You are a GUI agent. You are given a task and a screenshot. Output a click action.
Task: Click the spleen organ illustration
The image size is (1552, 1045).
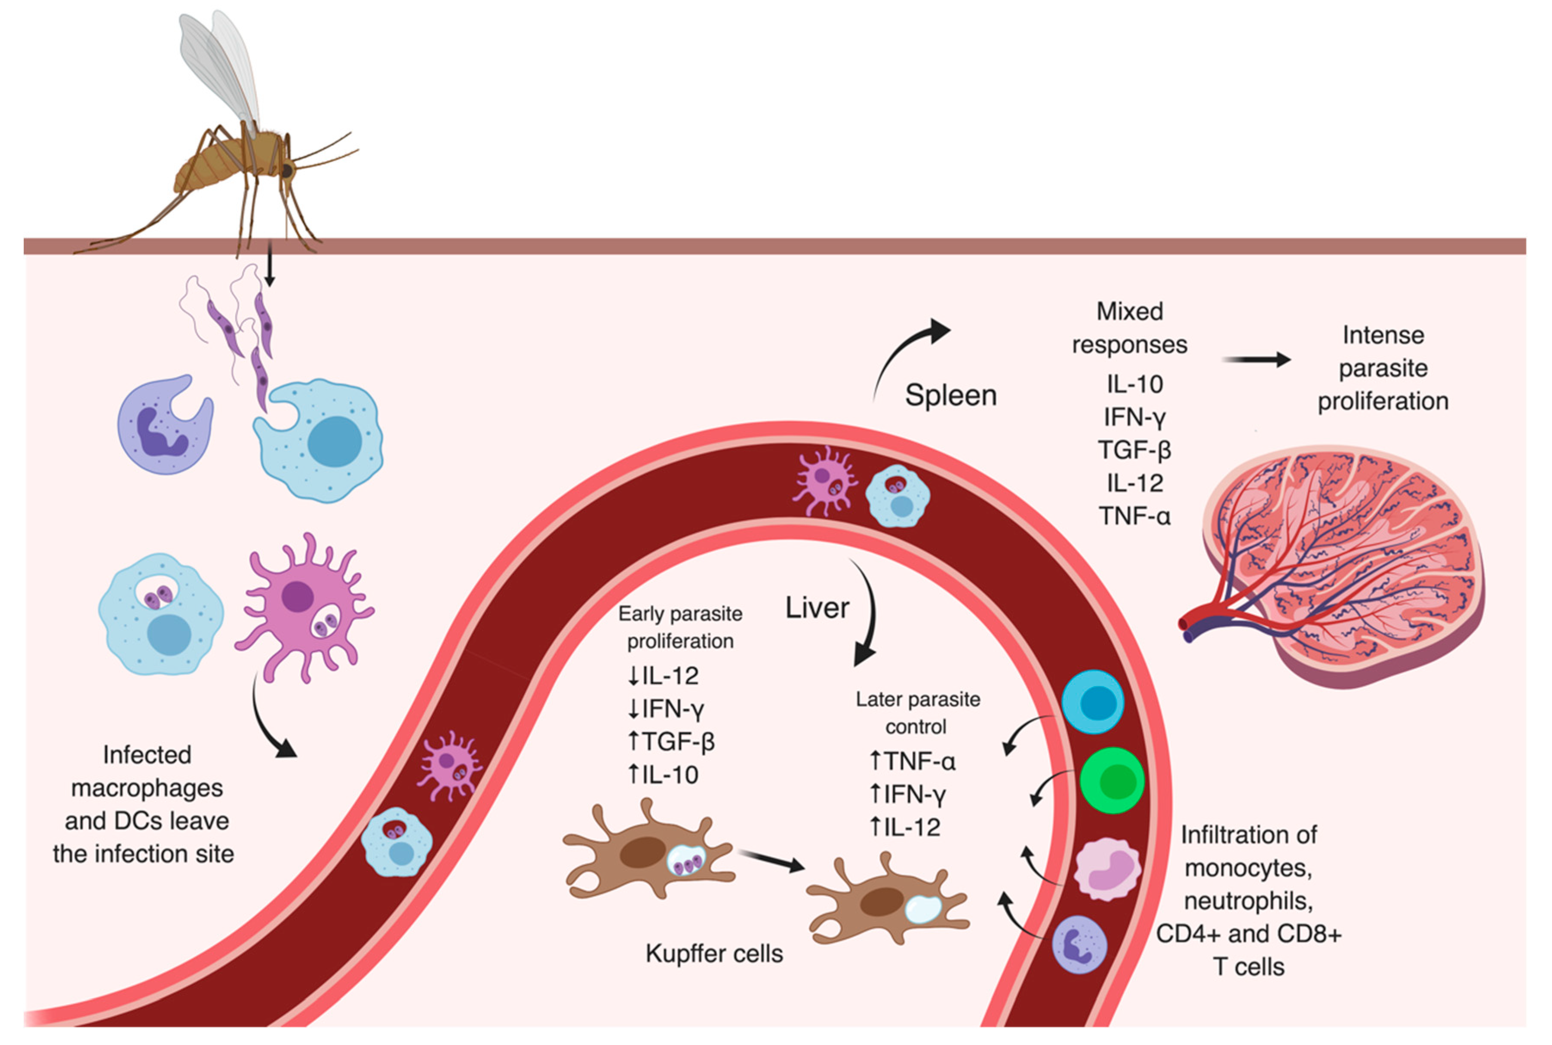point(1340,567)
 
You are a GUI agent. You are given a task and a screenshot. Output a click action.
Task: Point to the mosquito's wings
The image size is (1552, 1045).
point(220,67)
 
